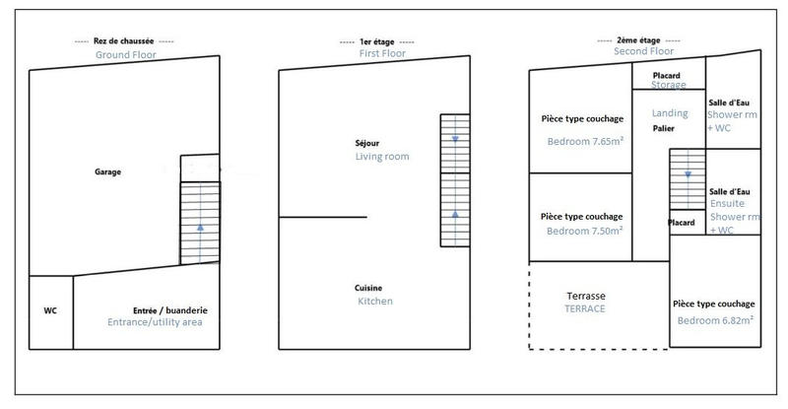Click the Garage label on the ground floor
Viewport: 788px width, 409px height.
[107, 171]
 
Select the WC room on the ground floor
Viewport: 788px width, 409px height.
[50, 310]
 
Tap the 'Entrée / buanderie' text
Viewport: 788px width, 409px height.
[169, 309]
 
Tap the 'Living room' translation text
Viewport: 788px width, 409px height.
[381, 157]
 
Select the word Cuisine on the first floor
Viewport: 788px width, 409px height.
[368, 288]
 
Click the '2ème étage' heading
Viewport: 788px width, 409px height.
[635, 40]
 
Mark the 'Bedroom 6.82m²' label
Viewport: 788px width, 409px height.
[714, 321]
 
